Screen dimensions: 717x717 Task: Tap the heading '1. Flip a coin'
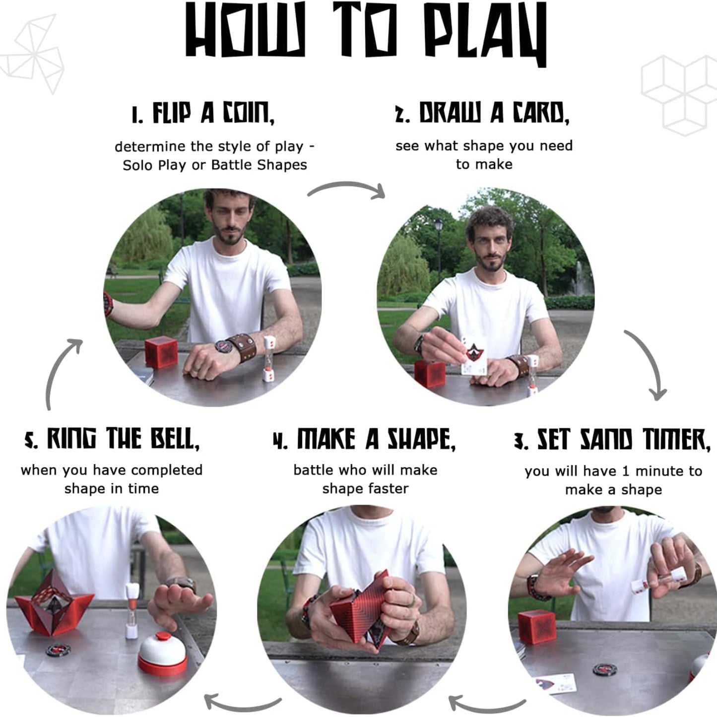coord(202,114)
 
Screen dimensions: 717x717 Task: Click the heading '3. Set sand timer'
coord(612,439)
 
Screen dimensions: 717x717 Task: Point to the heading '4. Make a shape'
coord(364,439)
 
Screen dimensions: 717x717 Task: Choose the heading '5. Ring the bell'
coord(112,439)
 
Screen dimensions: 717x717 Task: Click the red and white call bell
coord(162,653)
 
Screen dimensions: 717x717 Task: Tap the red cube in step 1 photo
coord(161,353)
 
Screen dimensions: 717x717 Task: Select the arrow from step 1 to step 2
coord(347,189)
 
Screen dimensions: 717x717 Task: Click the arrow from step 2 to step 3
coord(648,365)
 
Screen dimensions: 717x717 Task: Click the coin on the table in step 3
coord(605,670)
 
